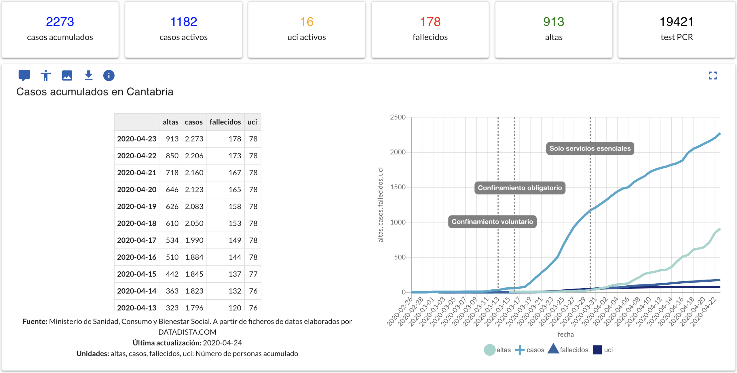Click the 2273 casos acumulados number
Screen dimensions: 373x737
60,22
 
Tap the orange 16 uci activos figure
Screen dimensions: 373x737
307,22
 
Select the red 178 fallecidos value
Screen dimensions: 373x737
430,22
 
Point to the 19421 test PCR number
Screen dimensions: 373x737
677,22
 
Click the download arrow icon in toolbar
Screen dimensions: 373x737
88,75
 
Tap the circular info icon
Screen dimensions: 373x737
109,76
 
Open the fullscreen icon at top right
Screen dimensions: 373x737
713,76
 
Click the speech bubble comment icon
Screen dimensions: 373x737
24,75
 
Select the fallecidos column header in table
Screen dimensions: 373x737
225,122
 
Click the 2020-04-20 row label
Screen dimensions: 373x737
137,190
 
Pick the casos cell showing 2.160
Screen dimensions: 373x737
194,173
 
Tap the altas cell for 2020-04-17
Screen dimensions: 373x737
172,240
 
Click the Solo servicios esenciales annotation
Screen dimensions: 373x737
590,149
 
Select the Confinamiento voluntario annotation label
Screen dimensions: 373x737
492,222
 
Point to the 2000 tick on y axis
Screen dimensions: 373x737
398,152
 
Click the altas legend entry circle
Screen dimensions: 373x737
489,350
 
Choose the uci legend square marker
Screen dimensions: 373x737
597,350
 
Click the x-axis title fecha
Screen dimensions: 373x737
566,334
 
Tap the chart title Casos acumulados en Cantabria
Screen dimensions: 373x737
95,92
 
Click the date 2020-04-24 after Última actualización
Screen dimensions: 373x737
222,343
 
